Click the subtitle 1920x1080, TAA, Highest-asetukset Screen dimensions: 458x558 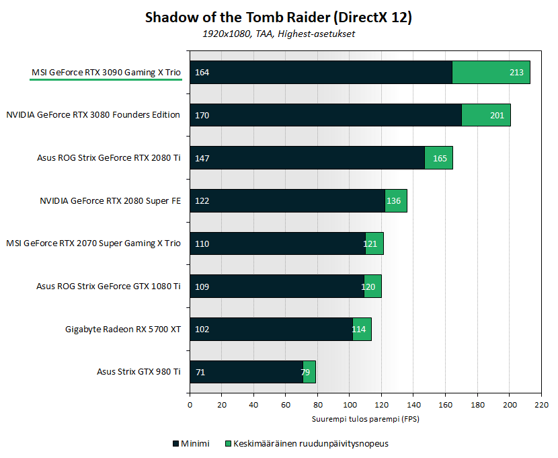pyautogui.click(x=278, y=34)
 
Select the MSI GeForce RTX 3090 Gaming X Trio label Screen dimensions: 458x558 pyautogui.click(x=106, y=72)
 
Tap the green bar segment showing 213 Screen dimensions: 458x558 pyautogui.click(x=491, y=72)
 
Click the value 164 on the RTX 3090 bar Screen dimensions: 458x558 pyautogui.click(x=202, y=72)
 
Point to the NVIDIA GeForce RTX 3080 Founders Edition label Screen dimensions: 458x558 pyautogui.click(x=93, y=115)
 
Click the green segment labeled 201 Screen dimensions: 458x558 pyautogui.click(x=486, y=115)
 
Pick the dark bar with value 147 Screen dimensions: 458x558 pyautogui.click(x=307, y=157)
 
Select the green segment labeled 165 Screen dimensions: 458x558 pyautogui.click(x=439, y=157)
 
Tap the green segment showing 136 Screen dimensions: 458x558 pyautogui.click(x=396, y=200)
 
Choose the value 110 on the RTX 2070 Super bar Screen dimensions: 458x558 pyautogui.click(x=202, y=243)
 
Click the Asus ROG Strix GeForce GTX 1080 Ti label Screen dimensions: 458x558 pyautogui.click(x=108, y=286)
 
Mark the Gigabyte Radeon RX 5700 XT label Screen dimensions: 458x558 pyautogui.click(x=123, y=329)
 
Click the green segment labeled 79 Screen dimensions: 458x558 pyautogui.click(x=309, y=372)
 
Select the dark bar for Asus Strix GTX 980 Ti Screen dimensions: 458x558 pyautogui.click(x=246, y=372)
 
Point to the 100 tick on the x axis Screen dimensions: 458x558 pyautogui.click(x=350, y=406)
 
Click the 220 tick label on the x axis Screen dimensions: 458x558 pyautogui.click(x=541, y=406)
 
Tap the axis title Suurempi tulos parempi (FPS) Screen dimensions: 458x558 pyautogui.click(x=365, y=418)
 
